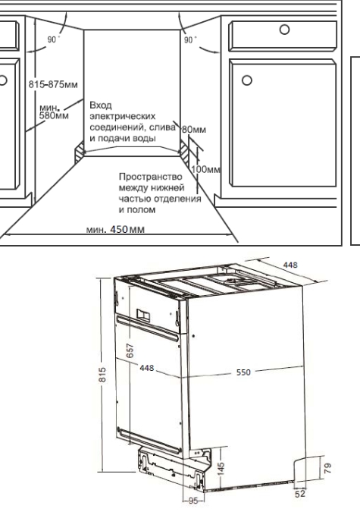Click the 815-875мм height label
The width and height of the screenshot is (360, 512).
point(53,84)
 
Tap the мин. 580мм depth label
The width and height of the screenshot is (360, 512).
point(54,112)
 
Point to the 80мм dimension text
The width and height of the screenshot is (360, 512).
point(194,130)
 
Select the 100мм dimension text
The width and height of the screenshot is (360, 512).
point(205,169)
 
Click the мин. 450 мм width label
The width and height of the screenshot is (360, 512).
point(115,229)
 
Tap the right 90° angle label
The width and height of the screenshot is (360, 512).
point(190,40)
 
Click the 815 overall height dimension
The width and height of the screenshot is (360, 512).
point(102,375)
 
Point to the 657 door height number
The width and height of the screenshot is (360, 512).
point(130,350)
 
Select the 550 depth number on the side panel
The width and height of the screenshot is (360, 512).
point(243,372)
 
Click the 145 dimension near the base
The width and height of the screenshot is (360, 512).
point(221,470)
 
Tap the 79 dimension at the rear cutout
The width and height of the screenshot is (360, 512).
point(328,468)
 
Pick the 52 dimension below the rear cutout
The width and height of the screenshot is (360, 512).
point(300,494)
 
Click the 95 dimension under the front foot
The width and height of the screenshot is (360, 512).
point(193,501)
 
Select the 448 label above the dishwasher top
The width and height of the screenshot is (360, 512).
point(290,265)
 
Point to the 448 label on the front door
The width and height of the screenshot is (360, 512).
point(147,368)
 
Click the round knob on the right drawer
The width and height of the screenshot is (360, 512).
point(285,30)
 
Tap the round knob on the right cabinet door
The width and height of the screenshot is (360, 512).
point(247,80)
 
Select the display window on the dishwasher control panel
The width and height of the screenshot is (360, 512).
point(143,315)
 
